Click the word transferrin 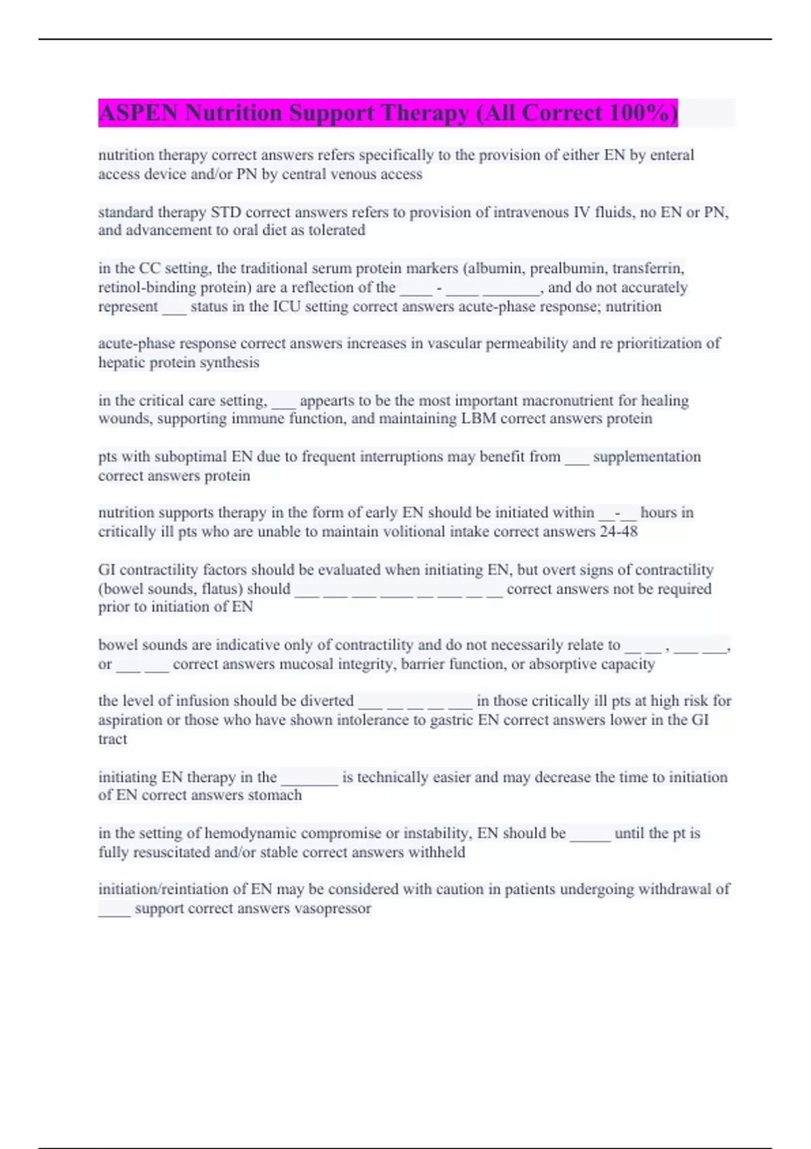[x=648, y=268]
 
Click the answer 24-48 [x=618, y=531]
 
